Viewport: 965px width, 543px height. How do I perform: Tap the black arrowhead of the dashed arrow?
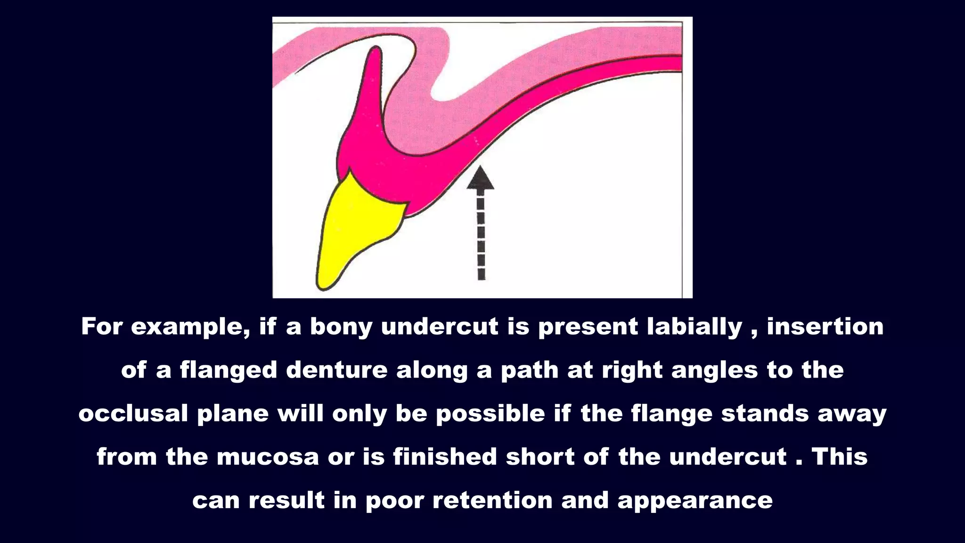[480, 179]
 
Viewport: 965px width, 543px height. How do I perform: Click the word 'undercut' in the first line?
[440, 327]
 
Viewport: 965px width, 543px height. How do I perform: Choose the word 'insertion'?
[825, 327]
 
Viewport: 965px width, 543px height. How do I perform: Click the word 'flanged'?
[229, 370]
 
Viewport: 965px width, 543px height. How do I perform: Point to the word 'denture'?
[336, 370]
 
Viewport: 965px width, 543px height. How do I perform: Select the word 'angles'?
[715, 370]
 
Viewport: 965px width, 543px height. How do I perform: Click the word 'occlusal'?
[133, 413]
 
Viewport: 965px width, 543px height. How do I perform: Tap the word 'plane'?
[233, 413]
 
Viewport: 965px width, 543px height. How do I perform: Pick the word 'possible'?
[491, 413]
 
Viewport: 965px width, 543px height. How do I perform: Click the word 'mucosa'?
[268, 457]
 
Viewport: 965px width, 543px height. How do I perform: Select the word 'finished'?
[445, 457]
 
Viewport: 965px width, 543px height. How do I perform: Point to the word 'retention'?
[492, 500]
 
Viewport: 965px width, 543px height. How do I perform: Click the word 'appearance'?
[695, 500]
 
